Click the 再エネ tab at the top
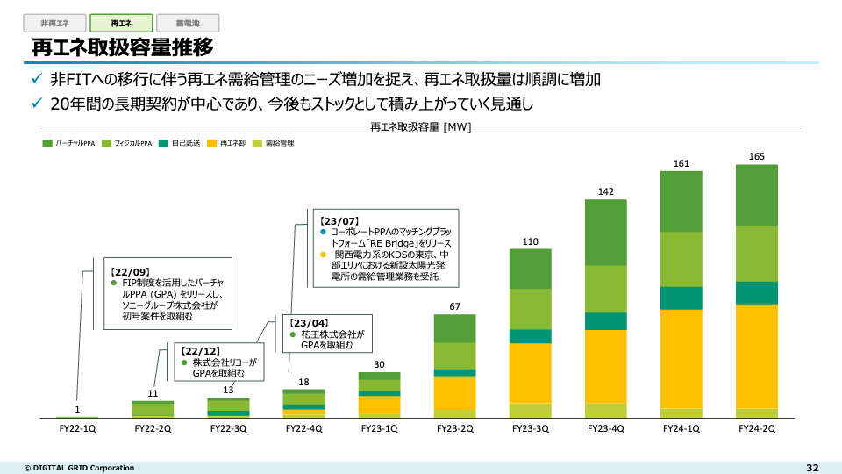point(121,24)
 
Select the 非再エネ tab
point(54,24)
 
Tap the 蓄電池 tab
point(188,24)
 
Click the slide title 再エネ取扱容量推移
point(123,47)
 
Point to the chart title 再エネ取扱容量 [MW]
point(421,127)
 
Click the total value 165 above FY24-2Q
point(757,156)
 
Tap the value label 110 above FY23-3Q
point(531,241)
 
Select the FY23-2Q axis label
point(455,428)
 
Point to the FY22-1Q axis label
point(77,428)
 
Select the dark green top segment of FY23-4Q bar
point(606,232)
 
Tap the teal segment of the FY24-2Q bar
point(757,292)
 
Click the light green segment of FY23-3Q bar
point(531,308)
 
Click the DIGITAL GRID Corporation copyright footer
point(79,468)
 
